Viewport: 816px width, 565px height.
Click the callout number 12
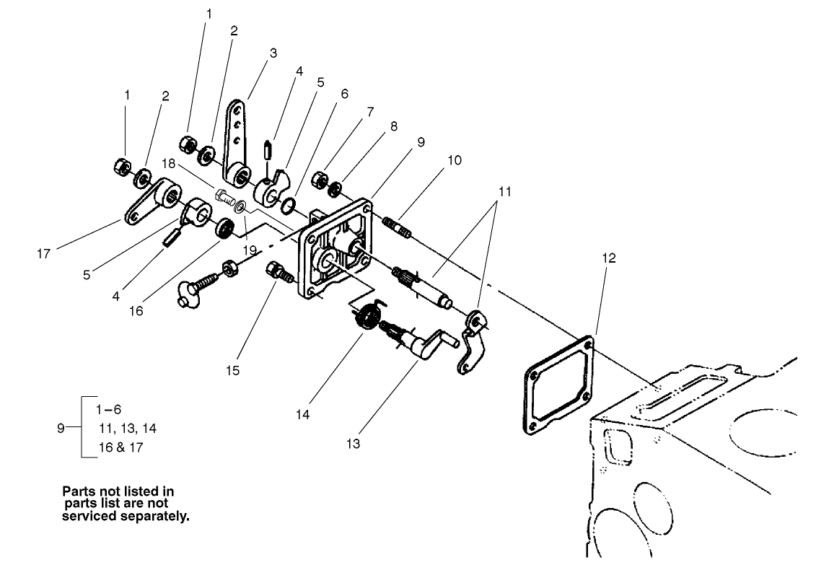point(608,258)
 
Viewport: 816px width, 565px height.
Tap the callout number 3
point(273,53)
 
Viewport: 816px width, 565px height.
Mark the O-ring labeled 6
point(287,207)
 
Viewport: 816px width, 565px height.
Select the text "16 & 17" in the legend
point(120,448)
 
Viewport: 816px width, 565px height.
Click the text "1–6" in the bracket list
point(108,408)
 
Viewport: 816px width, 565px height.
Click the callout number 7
point(370,113)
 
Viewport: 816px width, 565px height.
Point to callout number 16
point(136,311)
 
